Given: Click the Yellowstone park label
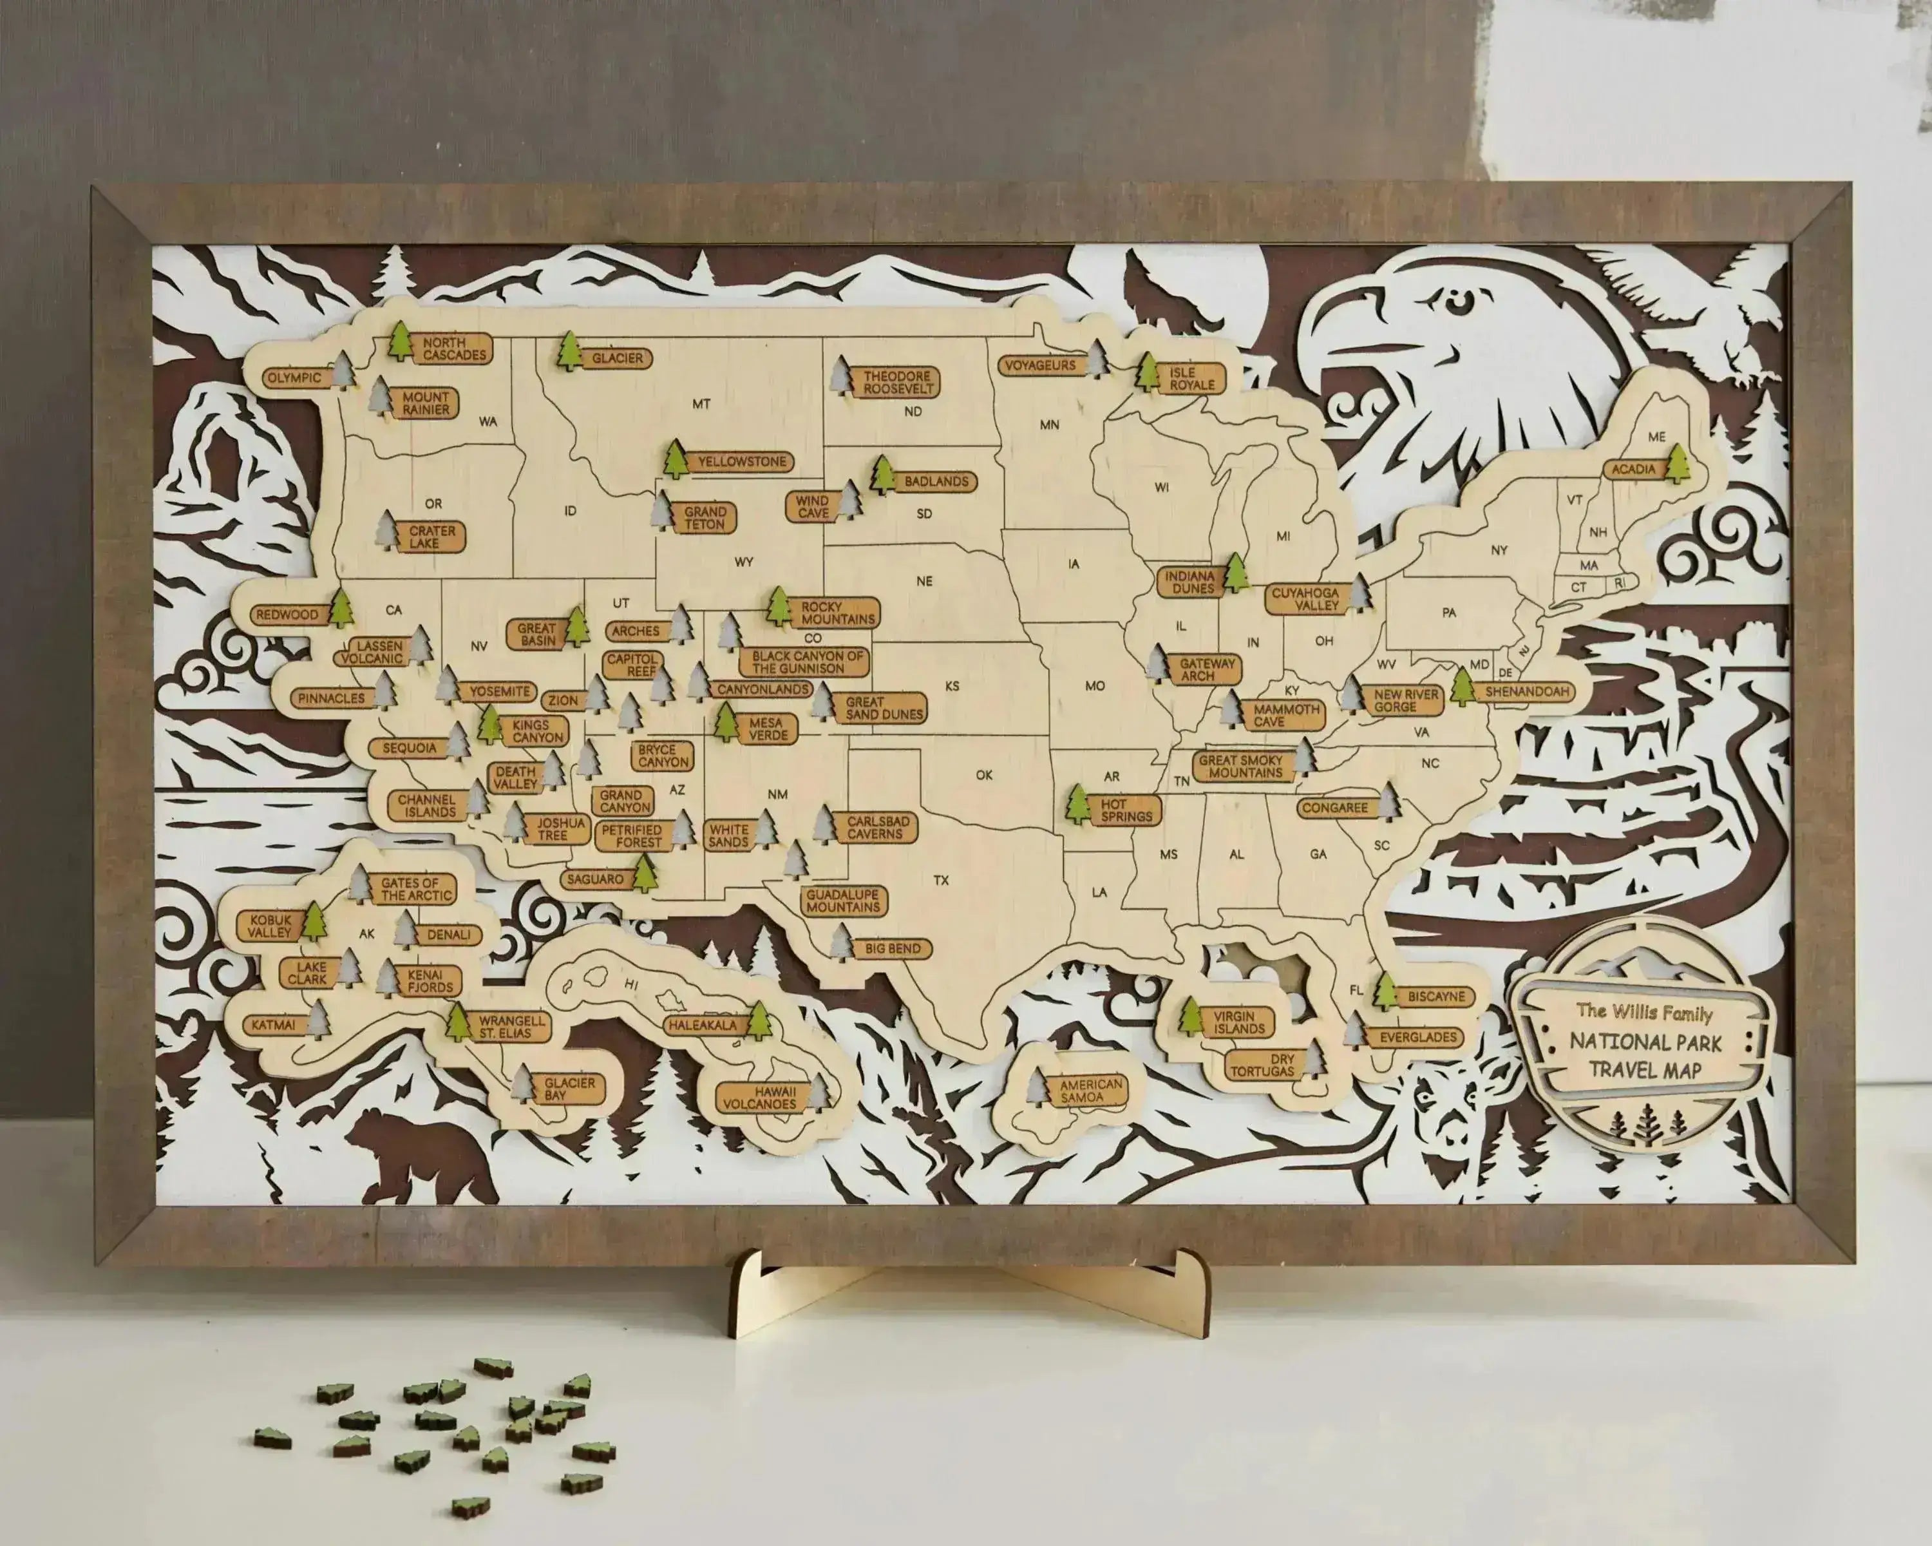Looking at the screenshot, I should coord(742,462).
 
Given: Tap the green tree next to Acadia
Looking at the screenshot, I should coord(1676,463).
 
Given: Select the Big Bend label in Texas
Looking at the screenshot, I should coord(893,948).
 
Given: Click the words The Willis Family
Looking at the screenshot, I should coord(1644,1013).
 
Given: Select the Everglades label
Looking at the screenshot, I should coord(1419,1037).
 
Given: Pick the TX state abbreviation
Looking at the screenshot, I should coord(941,880).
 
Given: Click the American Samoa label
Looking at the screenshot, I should coord(1090,1091).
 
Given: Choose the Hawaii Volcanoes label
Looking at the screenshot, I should coord(762,1098).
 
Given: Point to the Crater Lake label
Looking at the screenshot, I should coord(432,537).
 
